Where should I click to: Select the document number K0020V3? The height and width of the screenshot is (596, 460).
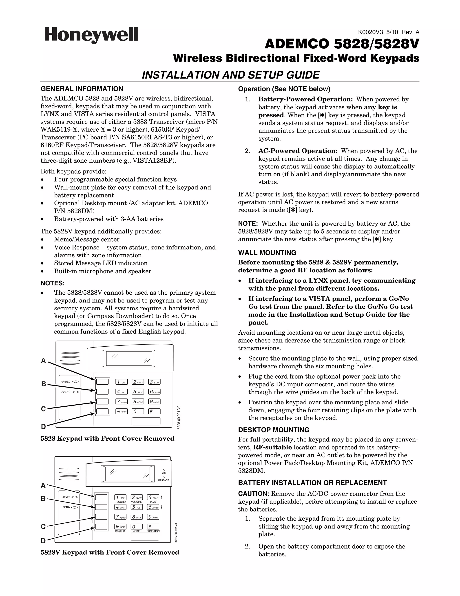tap(370, 32)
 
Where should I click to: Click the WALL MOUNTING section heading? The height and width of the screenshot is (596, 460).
tap(267, 253)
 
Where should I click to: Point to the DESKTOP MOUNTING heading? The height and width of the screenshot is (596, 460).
tap(274, 430)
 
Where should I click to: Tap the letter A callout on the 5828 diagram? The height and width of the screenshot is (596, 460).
tap(43, 361)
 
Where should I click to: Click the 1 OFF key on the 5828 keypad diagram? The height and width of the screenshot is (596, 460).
tap(121, 382)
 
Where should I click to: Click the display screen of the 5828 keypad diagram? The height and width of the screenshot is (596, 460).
tap(129, 358)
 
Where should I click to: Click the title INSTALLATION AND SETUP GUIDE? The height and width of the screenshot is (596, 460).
tap(230, 75)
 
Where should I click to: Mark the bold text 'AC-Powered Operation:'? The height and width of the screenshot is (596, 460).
tap(298, 151)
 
